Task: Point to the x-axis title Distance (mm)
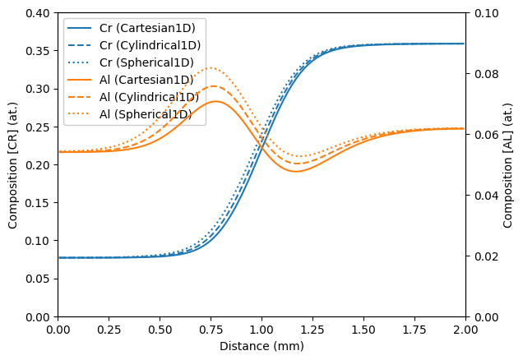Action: click(261, 346)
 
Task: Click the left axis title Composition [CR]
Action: click(13, 164)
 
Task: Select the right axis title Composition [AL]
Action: click(509, 164)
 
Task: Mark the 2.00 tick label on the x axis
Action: click(465, 329)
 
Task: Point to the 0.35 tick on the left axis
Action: click(38, 51)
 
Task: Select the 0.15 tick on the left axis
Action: click(38, 203)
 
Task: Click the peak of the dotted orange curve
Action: click(211, 67)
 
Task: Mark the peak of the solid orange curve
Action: click(216, 101)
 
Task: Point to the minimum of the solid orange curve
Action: click(296, 171)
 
